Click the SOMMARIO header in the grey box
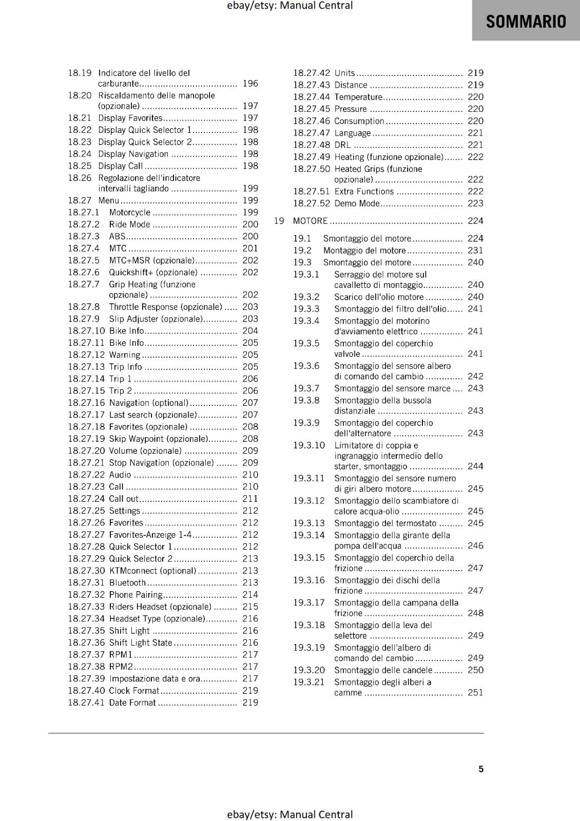[x=526, y=22]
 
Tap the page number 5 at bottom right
[x=481, y=769]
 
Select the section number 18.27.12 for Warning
[x=86, y=355]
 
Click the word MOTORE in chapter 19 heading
[x=310, y=221]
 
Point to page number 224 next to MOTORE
[x=475, y=221]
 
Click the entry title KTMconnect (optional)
[x=152, y=571]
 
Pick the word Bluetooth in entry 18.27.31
[x=127, y=582]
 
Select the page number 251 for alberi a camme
[x=475, y=692]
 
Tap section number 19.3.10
[x=309, y=445]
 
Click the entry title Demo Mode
[x=357, y=203]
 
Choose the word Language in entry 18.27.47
[x=352, y=133]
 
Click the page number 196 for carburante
[x=250, y=83]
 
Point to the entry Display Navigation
[x=133, y=154]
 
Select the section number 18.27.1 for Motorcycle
[x=84, y=212]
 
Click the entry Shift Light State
[x=140, y=642]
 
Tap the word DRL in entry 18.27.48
[x=342, y=145]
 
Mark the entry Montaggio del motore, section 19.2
[x=364, y=250]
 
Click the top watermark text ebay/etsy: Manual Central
[x=289, y=6]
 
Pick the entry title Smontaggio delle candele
[x=383, y=670]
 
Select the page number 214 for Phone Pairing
[x=250, y=594]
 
